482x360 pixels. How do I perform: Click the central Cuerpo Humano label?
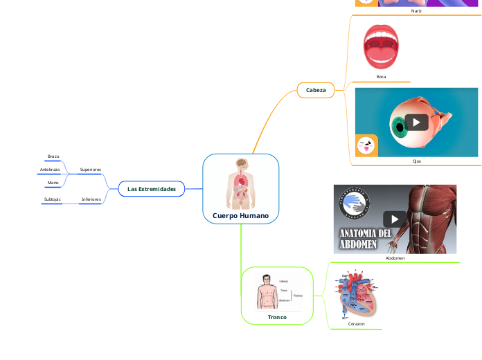(x=240, y=215)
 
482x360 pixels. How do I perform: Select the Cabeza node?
(x=316, y=90)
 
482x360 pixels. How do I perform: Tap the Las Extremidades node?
(x=151, y=188)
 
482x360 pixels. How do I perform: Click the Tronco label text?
(x=277, y=316)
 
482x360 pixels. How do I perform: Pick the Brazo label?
(x=53, y=156)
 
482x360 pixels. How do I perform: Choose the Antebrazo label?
(x=49, y=170)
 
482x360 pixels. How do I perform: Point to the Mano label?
(x=53, y=183)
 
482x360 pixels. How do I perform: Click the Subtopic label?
(x=52, y=199)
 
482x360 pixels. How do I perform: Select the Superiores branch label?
(x=91, y=170)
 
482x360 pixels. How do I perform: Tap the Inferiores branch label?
(x=91, y=199)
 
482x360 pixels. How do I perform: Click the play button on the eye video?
(x=416, y=123)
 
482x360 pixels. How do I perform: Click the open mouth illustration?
(x=381, y=47)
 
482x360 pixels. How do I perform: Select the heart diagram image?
(x=356, y=293)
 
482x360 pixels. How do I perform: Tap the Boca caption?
(x=381, y=77)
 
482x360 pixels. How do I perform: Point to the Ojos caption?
(x=416, y=161)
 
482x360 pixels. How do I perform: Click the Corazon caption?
(x=356, y=324)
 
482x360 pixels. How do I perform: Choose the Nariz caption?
(x=416, y=11)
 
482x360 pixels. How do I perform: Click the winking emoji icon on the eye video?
(x=366, y=146)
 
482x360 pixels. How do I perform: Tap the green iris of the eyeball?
(x=399, y=127)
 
